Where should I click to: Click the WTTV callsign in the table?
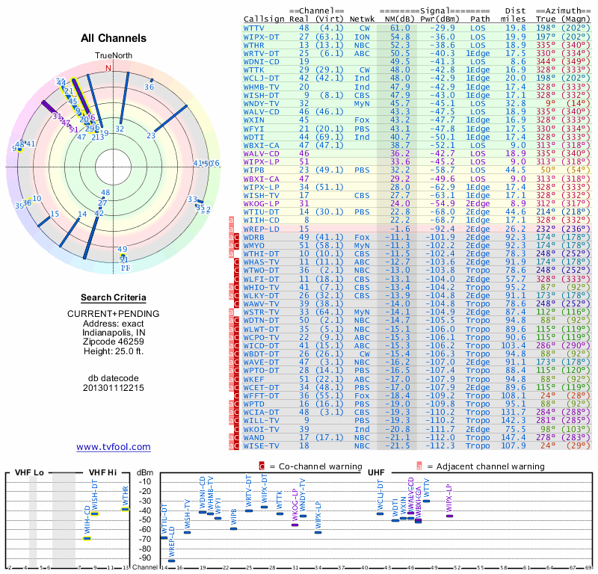coord(256,27)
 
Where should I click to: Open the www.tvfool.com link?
coord(113,447)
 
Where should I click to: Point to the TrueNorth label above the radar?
coord(113,55)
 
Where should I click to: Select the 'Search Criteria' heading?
coord(113,297)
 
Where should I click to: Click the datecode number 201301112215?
coord(113,388)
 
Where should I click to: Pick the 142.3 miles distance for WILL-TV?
coord(514,420)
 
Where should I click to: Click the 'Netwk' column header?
coord(363,18)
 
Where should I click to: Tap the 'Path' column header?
coord(481,18)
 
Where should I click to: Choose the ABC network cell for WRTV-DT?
coord(363,53)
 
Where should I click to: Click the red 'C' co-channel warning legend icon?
coord(262,465)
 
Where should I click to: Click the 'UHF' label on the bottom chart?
coord(377,472)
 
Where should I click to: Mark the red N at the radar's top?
coord(108,68)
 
